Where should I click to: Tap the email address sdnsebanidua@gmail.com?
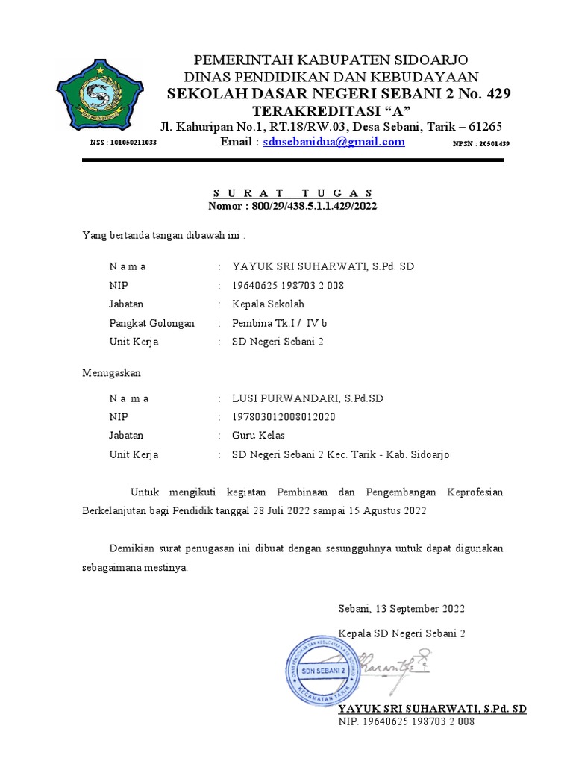coord(334,142)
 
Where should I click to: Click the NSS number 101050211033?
coord(123,143)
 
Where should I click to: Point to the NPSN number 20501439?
coord(481,143)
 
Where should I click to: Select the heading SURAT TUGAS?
coord(291,193)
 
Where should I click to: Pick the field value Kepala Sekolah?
coord(268,304)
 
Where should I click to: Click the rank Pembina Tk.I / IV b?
coord(279,323)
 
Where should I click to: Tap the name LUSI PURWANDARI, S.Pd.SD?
coord(307,398)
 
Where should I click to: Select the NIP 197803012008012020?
coord(284,417)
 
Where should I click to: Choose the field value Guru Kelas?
coord(258,436)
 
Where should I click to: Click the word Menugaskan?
coord(110,372)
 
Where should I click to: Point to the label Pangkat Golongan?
coord(151,323)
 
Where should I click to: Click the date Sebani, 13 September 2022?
coord(401,609)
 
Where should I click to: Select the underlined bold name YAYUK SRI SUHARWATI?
coord(432,709)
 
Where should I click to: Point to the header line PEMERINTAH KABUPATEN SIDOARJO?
coord(332,60)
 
